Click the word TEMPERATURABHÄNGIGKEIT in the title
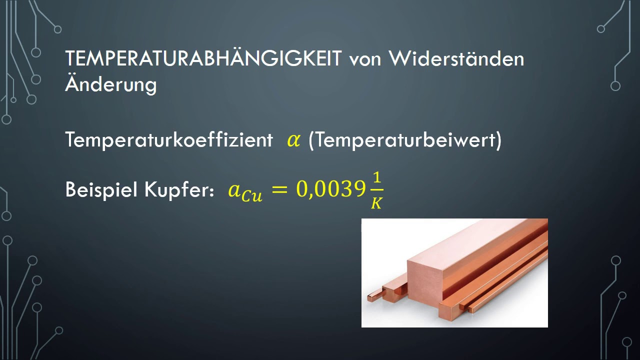tap(203, 59)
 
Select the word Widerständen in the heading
tap(456, 59)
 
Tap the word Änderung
tap(110, 83)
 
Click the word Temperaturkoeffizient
tap(168, 140)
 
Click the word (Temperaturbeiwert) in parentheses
tap(405, 140)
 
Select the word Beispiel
tap(101, 190)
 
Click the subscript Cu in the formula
tap(251, 195)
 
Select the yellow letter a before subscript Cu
tap(234, 190)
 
